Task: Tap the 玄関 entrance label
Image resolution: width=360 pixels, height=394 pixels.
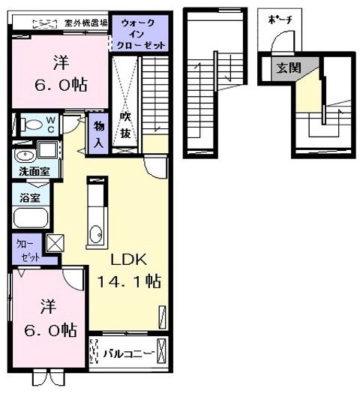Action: point(288,68)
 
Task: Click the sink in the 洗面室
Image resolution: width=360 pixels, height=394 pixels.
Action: point(25,156)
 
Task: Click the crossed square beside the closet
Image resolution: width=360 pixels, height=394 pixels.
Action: point(55,243)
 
